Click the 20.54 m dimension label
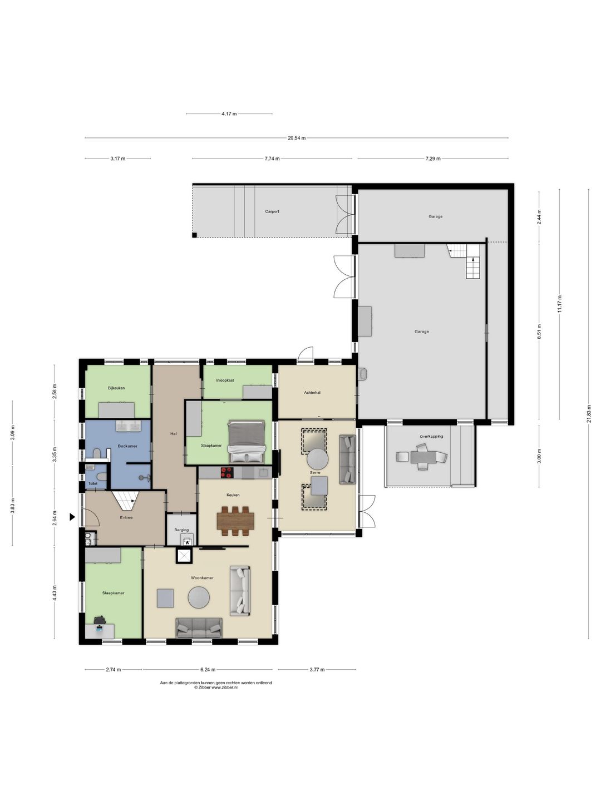[296, 138]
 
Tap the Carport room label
[272, 211]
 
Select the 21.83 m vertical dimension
[589, 414]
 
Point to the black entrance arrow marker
[72, 517]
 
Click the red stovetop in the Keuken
[226, 473]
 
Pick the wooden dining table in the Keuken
[235, 521]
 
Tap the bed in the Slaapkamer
[247, 442]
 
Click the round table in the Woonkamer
[199, 597]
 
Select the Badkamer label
[127, 446]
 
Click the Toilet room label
[93, 483]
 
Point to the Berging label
[181, 530]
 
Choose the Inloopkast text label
[225, 380]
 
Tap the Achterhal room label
[312, 393]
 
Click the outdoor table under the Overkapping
[423, 457]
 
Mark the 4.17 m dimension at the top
[229, 114]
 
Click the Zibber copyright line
[216, 688]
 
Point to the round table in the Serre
[317, 459]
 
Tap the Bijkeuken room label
[116, 388]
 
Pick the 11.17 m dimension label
[560, 304]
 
